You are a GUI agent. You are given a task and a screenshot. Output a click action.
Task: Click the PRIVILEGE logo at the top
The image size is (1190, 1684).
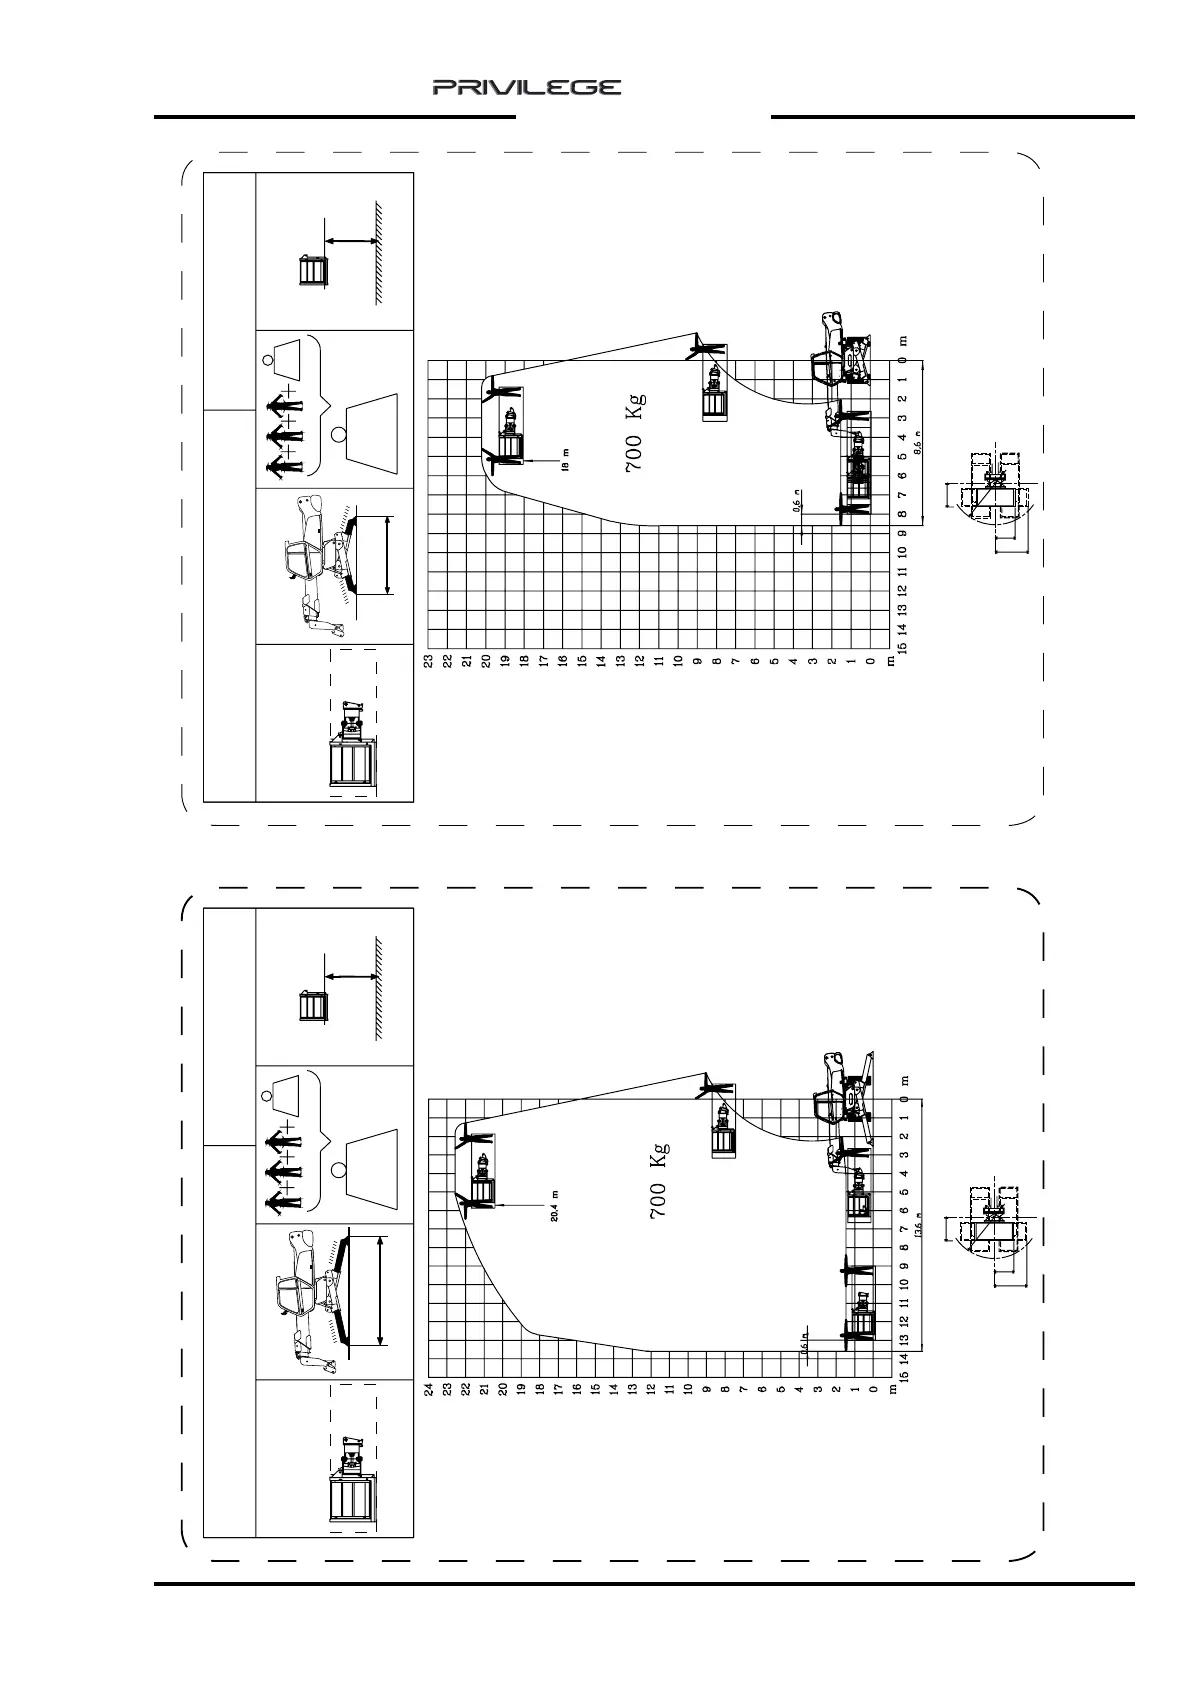[527, 88]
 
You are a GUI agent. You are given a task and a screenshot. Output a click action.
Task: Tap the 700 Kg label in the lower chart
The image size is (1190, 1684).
[658, 1180]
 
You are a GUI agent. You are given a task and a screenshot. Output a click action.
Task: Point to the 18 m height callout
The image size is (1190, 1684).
[566, 459]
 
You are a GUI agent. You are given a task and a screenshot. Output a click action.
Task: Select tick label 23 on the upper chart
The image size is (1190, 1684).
[427, 661]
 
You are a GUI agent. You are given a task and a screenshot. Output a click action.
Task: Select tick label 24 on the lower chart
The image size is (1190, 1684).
[429, 1389]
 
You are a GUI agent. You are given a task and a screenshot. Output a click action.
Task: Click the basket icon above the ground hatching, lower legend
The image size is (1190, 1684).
[314, 1005]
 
